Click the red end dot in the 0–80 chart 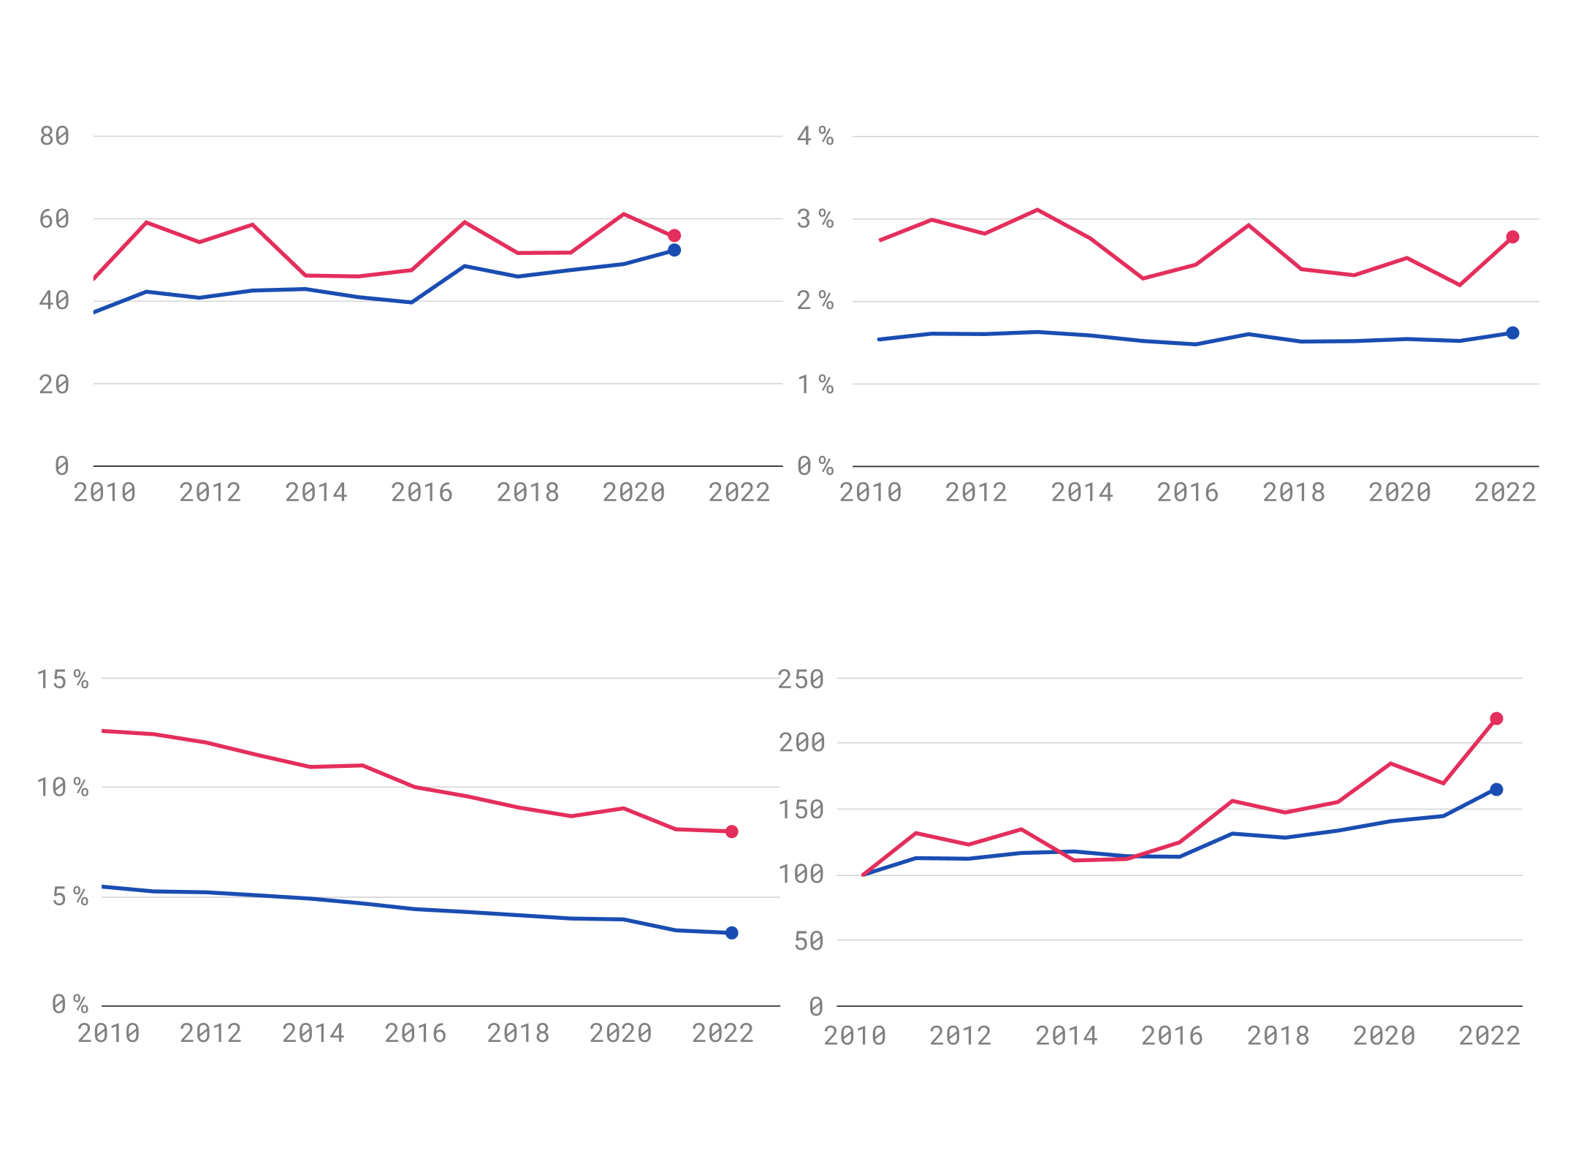(674, 236)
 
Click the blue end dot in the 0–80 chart (674, 251)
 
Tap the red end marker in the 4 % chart (1512, 237)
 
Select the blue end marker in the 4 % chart (1512, 333)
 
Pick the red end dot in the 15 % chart (731, 831)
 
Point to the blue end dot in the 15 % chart (731, 933)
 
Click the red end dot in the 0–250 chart (1496, 719)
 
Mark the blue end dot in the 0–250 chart (1496, 790)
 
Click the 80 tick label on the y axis (54, 137)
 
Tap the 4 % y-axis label (815, 137)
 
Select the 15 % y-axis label (63, 680)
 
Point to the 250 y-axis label (801, 680)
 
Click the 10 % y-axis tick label (63, 788)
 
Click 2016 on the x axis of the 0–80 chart (422, 493)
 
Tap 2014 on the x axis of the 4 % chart (1082, 493)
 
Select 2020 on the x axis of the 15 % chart (620, 1034)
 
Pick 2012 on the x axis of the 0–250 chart (960, 1036)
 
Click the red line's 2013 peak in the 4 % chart (1037, 210)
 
